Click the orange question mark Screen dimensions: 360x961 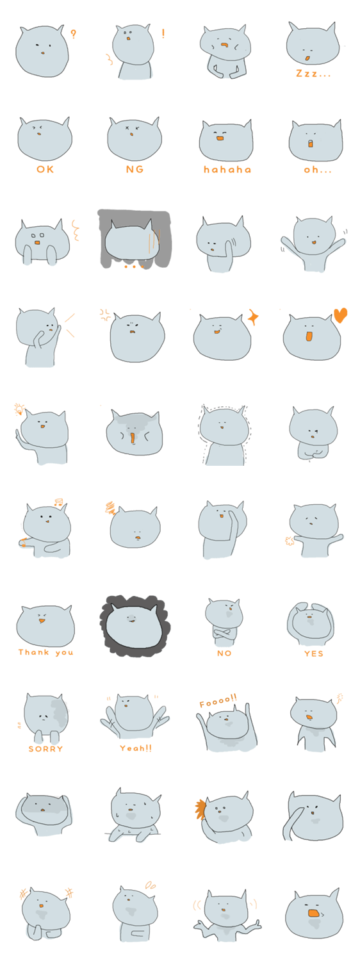pyautogui.click(x=74, y=34)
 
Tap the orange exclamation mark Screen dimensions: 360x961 pyautogui.click(x=163, y=33)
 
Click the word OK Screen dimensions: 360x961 pyautogui.click(x=45, y=170)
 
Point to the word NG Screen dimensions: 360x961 pyautogui.click(x=135, y=170)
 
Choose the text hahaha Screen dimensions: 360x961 pyautogui.click(x=227, y=170)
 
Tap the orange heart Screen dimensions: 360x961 pyautogui.click(x=340, y=315)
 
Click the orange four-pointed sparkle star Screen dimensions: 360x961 pyautogui.click(x=253, y=318)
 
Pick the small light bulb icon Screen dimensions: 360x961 pyautogui.click(x=19, y=409)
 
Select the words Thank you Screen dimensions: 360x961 pyautogui.click(x=46, y=652)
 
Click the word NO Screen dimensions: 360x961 pyautogui.click(x=224, y=653)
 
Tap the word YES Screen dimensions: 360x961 pyautogui.click(x=314, y=653)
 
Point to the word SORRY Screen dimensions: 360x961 pyautogui.click(x=46, y=749)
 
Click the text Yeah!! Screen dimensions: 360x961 pyautogui.click(x=136, y=748)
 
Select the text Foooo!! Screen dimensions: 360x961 pyautogui.click(x=218, y=701)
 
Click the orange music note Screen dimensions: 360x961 pyautogui.click(x=58, y=501)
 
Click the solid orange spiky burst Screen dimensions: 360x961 pyautogui.click(x=200, y=809)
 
